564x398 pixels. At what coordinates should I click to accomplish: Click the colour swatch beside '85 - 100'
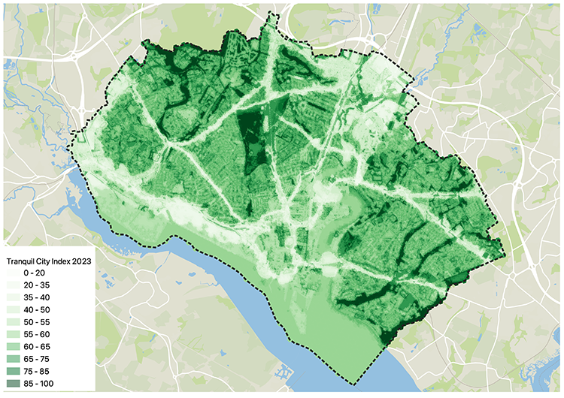click(x=12, y=384)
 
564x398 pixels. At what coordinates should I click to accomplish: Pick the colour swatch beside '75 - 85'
click(x=12, y=372)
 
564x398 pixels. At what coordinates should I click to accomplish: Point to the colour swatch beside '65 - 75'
click(x=12, y=359)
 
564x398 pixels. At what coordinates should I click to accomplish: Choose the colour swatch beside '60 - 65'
click(x=12, y=347)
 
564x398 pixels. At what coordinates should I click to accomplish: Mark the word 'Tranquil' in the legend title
click(x=20, y=260)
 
